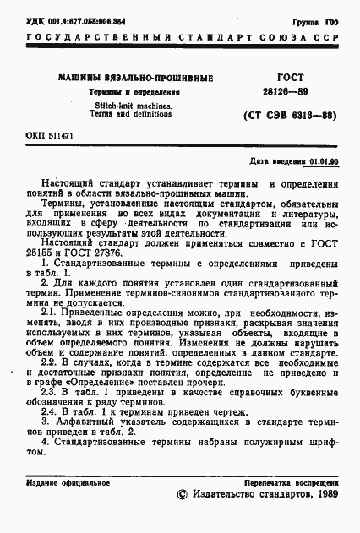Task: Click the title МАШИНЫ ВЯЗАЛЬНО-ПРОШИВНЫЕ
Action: click(x=135, y=78)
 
